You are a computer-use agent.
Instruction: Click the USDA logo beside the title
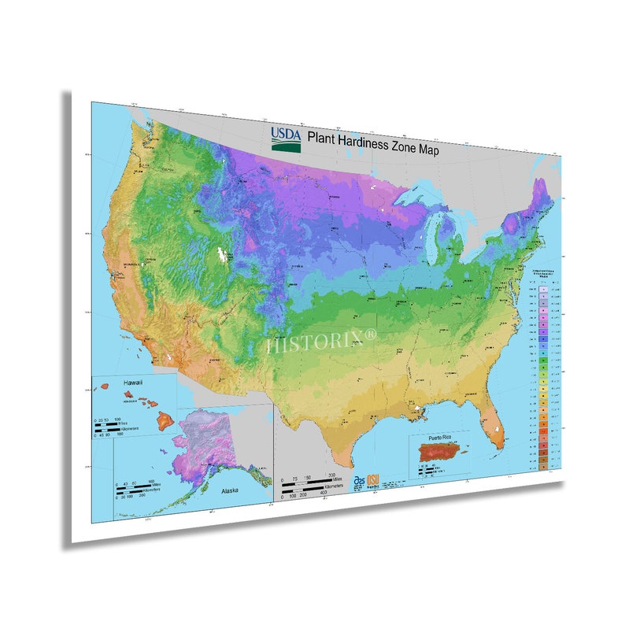(287, 139)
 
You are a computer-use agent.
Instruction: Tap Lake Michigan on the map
(435, 240)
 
